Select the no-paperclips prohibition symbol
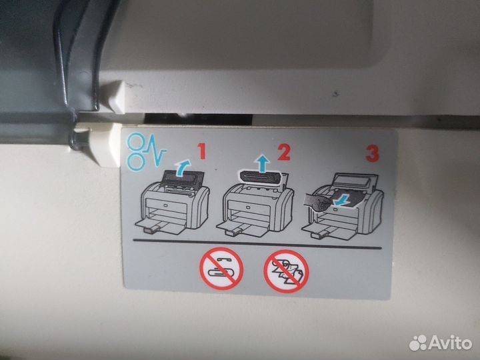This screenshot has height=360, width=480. [221, 269]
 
